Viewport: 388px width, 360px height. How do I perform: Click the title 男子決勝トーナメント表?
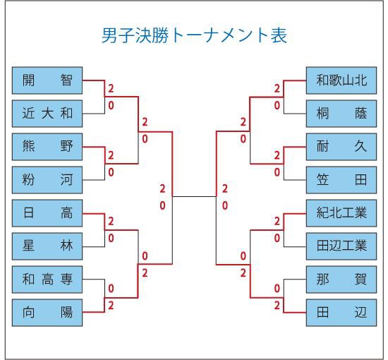(x=194, y=36)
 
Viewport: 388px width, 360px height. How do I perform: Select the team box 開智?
(x=47, y=80)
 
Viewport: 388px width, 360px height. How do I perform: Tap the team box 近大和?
(x=47, y=114)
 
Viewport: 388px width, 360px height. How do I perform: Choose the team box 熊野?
(x=47, y=147)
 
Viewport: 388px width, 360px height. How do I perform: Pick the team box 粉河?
(x=47, y=180)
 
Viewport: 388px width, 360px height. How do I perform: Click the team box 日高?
(x=47, y=213)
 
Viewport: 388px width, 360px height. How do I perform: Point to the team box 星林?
(x=47, y=246)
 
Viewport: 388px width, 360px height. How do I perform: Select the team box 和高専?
(x=47, y=280)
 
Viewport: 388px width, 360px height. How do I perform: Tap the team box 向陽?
(x=47, y=313)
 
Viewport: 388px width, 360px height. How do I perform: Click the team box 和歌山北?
(x=341, y=80)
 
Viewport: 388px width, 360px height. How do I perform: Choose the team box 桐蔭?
(x=341, y=114)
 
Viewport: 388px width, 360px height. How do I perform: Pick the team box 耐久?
(x=341, y=147)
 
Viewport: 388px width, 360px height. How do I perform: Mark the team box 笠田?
(x=341, y=180)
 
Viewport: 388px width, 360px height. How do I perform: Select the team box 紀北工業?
(x=341, y=213)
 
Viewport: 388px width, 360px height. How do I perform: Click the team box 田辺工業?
(x=341, y=246)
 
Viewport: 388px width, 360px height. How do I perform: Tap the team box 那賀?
(x=341, y=280)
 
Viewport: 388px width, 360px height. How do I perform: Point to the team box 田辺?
(x=341, y=313)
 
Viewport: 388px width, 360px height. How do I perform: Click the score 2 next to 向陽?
(x=111, y=306)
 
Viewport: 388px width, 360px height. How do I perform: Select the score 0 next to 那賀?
(x=277, y=289)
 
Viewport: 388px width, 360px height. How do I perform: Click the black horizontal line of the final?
(x=194, y=197)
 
